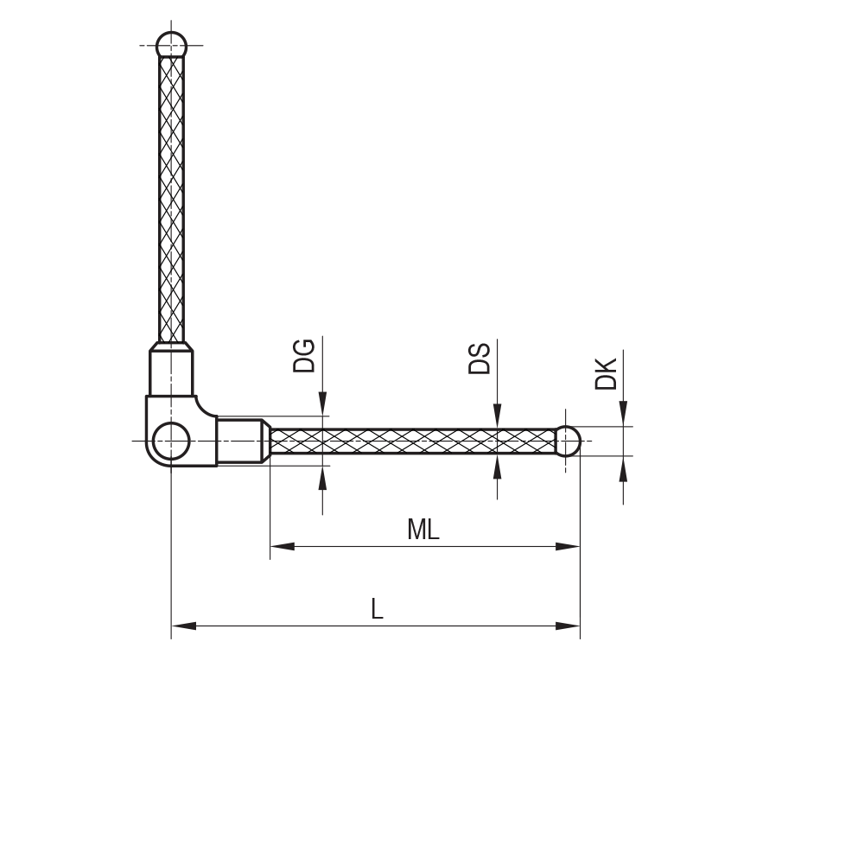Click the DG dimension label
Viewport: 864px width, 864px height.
click(x=304, y=356)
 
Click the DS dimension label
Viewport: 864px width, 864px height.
click(x=480, y=359)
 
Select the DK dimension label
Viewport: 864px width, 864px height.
click(x=607, y=373)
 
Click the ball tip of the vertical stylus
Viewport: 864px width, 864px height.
click(x=172, y=45)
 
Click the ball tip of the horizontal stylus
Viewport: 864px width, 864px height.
click(x=567, y=441)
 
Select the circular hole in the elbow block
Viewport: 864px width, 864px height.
click(x=172, y=441)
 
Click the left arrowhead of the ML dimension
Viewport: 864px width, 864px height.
click(x=282, y=546)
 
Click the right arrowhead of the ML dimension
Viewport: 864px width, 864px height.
click(x=568, y=546)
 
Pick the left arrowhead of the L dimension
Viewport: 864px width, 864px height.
click(x=183, y=626)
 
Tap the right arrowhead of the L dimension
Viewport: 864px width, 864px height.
click(x=568, y=626)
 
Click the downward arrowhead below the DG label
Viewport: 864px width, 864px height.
click(x=322, y=403)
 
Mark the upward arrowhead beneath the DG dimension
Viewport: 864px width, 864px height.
click(x=322, y=478)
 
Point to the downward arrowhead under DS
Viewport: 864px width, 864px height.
click(x=497, y=416)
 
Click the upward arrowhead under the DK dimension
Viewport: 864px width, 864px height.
click(x=623, y=468)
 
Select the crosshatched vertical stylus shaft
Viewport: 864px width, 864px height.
click(x=172, y=199)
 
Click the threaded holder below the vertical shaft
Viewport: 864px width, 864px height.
click(x=172, y=372)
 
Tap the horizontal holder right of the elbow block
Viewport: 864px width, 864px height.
click(x=239, y=441)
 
